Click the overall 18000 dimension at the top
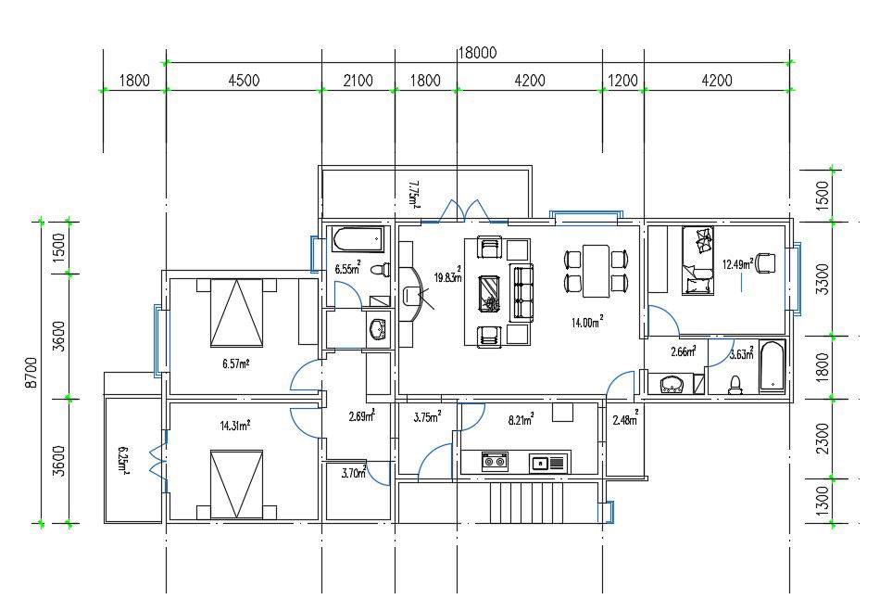478,54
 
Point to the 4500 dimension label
244,81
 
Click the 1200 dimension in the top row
622,81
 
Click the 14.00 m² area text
586,322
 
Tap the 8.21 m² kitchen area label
520,420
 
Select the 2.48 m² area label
625,421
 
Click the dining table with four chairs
596,270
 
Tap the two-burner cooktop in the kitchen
495,461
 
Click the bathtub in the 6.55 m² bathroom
358,239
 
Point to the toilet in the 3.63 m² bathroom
737,382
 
